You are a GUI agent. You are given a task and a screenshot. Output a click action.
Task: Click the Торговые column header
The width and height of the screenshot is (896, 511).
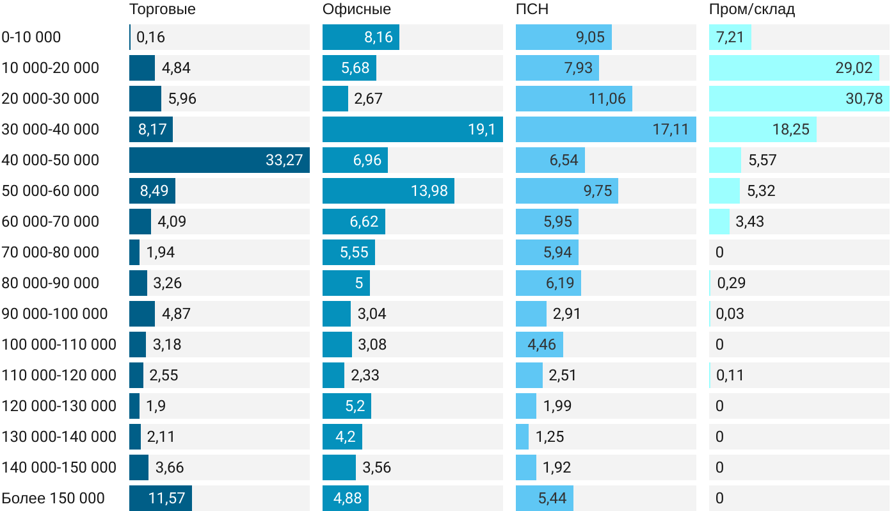point(162,10)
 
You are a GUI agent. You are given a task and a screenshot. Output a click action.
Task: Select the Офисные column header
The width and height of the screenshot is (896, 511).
point(356,10)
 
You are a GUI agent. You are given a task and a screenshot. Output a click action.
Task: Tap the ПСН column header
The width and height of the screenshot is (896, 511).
point(532,10)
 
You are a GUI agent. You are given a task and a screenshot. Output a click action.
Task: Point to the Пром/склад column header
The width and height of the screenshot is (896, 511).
point(752,10)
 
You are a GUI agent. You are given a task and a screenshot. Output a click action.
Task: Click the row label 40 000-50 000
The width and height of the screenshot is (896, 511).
point(51,160)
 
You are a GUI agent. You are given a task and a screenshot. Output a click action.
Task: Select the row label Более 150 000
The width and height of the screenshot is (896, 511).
point(53,498)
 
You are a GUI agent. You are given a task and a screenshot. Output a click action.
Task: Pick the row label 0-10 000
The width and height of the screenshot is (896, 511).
point(31,37)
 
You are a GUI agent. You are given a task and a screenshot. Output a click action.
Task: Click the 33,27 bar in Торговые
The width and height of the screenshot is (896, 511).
point(219,160)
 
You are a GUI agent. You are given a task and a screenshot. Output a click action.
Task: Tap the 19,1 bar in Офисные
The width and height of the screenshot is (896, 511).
point(412,129)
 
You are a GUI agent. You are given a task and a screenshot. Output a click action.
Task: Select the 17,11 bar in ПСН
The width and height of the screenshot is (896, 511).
point(605,129)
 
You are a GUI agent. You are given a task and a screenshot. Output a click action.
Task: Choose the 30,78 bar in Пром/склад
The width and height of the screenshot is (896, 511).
point(799,99)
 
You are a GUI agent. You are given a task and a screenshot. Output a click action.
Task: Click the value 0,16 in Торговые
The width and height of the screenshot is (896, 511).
point(151,37)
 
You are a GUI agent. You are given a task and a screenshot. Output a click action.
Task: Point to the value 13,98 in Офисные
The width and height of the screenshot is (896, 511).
point(429,191)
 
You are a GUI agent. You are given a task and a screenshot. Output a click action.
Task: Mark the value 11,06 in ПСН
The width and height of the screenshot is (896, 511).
point(607,99)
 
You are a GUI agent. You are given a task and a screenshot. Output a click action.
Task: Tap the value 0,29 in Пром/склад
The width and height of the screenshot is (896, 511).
point(732,283)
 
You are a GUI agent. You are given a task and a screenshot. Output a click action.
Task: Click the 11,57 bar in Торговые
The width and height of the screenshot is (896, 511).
point(160,498)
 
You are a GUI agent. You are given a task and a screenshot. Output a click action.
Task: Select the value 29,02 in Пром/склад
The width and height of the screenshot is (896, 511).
point(854,68)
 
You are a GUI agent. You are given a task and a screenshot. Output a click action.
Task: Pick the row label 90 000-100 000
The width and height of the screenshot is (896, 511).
point(54,314)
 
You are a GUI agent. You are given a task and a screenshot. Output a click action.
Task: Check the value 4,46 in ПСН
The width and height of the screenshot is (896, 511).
point(542,345)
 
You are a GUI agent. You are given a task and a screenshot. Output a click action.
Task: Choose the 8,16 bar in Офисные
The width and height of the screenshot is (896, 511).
point(360,37)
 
